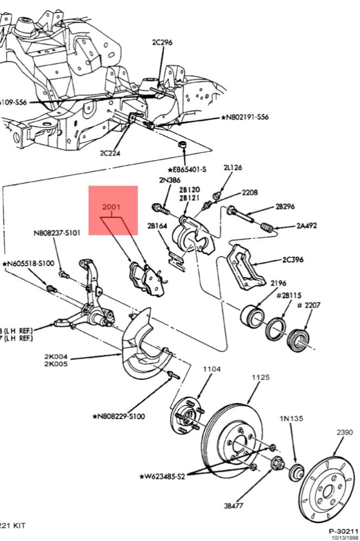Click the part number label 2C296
[x=163, y=42]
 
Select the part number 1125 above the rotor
[x=261, y=377]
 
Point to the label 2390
[x=344, y=432]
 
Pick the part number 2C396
[x=292, y=260]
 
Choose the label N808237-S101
[x=57, y=234]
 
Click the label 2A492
[x=307, y=226]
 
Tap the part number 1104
[x=212, y=369]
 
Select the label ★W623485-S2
[x=162, y=477]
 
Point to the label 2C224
[x=110, y=153]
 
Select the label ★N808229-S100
[x=118, y=417]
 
